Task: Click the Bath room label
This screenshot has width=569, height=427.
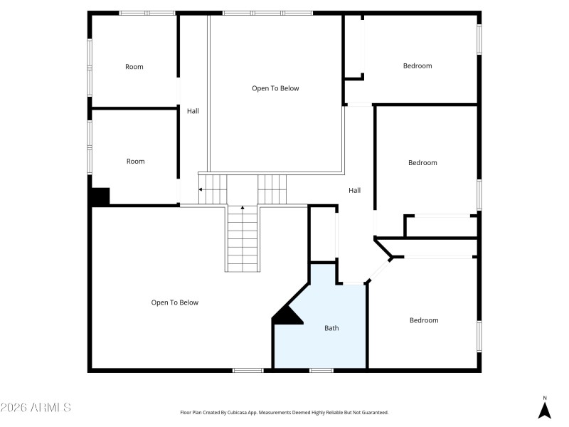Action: click(x=331, y=328)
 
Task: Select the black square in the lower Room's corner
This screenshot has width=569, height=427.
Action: click(x=100, y=196)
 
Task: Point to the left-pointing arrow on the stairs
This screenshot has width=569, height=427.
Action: click(x=201, y=190)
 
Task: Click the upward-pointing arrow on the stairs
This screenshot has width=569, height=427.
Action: click(x=243, y=209)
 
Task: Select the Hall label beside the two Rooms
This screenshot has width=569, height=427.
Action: click(x=193, y=111)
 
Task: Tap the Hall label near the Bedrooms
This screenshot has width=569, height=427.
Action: click(x=354, y=190)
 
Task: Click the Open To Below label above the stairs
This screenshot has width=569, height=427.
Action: click(x=275, y=88)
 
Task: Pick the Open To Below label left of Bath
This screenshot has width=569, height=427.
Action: click(x=174, y=302)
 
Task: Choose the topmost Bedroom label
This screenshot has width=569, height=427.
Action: click(x=418, y=66)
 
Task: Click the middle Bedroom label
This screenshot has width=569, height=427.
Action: click(x=422, y=163)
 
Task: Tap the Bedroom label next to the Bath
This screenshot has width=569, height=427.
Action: click(x=424, y=320)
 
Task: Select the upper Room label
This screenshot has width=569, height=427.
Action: click(x=134, y=67)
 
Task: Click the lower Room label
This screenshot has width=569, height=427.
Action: click(x=135, y=162)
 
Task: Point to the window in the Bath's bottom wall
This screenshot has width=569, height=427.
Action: click(x=321, y=370)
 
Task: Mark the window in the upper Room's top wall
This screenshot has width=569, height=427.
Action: click(x=147, y=13)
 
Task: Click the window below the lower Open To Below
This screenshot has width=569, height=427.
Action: click(x=248, y=370)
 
